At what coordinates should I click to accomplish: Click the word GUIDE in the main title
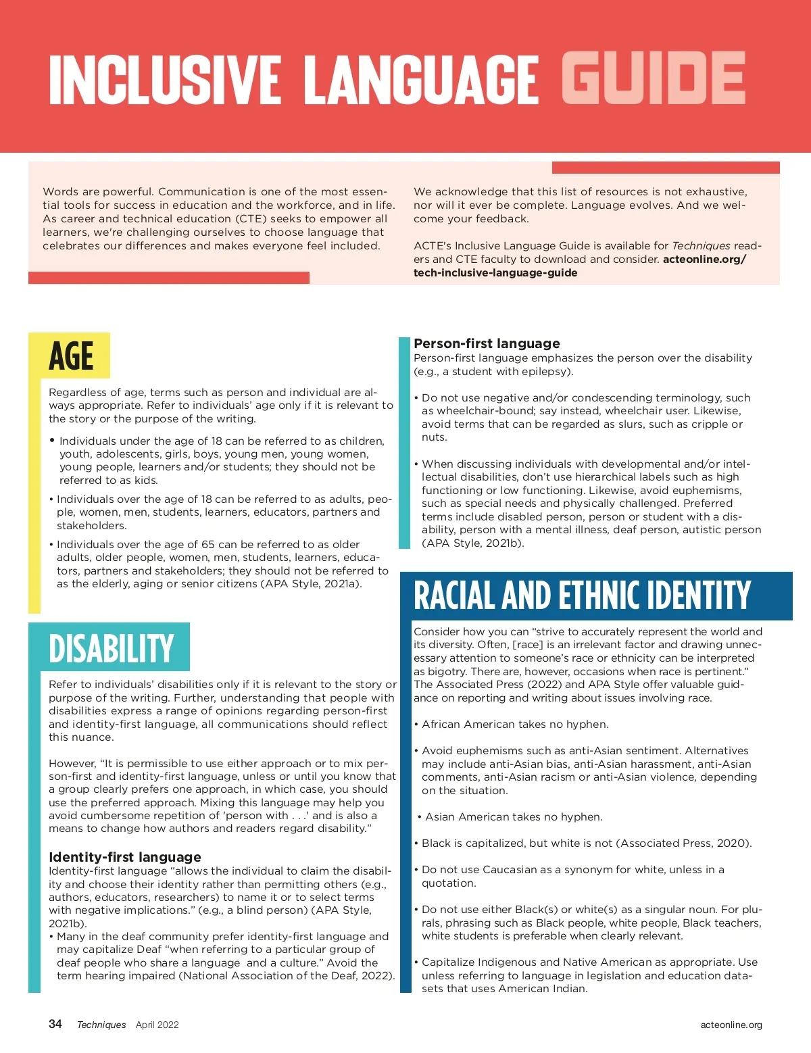653,79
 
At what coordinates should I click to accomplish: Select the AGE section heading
70,356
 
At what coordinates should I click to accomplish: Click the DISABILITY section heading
112,648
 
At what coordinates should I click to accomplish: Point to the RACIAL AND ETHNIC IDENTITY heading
582,595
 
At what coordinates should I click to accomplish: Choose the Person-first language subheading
487,343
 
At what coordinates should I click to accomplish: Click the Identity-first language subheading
125,857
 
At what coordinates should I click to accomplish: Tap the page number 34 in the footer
55,1024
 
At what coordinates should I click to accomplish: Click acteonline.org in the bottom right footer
731,1025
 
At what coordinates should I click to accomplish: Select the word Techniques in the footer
101,1025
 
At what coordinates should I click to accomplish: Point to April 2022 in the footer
157,1025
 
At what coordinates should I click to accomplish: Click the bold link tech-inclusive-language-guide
495,273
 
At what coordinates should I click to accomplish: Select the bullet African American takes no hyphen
515,725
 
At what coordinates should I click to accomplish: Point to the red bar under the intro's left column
169,278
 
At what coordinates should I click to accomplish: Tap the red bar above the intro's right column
666,168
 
